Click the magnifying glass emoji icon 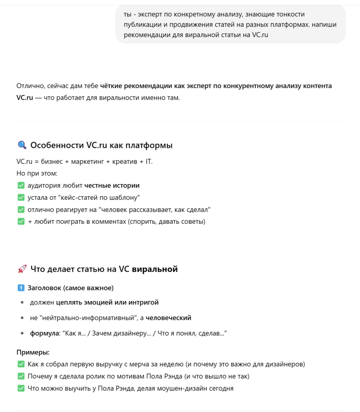(22, 145)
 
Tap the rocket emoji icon (22, 269)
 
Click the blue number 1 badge (21, 288)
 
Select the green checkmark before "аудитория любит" (21, 185)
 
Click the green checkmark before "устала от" (21, 197)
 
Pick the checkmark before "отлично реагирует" (21, 209)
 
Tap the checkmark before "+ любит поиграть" (21, 221)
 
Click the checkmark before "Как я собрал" (21, 364)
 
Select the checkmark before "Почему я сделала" (21, 376)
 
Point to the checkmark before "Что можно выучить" (21, 388)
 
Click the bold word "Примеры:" (33, 352)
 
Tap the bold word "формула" (44, 333)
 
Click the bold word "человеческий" (168, 318)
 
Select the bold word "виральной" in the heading (155, 269)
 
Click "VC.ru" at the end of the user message (260, 35)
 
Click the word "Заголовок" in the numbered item (44, 288)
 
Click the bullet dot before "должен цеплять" (22, 303)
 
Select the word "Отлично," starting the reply (30, 86)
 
